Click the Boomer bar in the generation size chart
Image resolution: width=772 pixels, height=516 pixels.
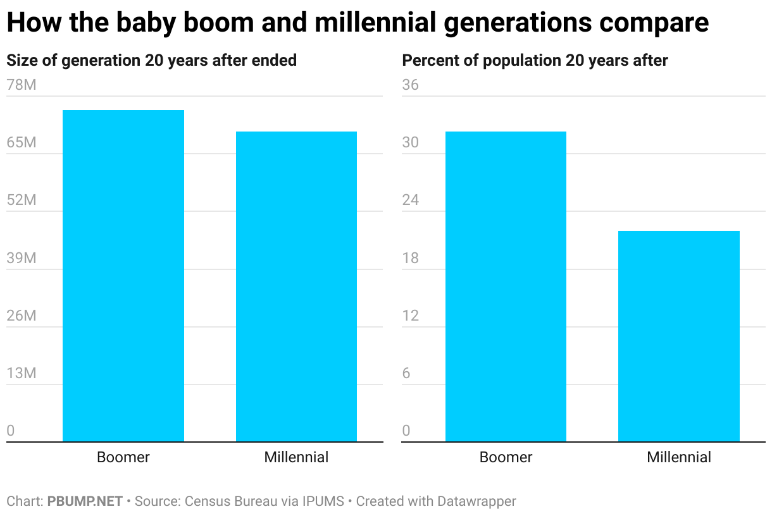pos(123,276)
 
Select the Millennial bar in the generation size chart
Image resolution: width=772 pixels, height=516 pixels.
pos(296,286)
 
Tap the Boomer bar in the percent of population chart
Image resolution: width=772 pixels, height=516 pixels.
pos(506,286)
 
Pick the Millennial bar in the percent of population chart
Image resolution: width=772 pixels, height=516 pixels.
pos(678,336)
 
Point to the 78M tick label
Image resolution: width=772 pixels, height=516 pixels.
pos(22,85)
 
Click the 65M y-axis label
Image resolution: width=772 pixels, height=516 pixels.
pos(22,143)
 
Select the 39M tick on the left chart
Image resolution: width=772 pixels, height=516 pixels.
pos(22,258)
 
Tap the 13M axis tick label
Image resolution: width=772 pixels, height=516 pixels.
pos(22,373)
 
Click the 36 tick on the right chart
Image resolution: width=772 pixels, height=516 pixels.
pos(411,85)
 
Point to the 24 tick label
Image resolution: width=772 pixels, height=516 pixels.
pos(411,200)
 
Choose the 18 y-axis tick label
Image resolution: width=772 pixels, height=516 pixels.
pos(411,258)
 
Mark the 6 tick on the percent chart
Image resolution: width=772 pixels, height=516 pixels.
pos(406,373)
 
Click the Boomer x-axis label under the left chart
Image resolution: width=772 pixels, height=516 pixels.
pos(123,457)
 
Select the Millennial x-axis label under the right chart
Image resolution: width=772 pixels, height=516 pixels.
pos(679,457)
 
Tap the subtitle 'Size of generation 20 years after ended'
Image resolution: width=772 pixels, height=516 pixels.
pos(151,61)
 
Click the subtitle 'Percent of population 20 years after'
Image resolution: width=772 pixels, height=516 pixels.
pos(535,61)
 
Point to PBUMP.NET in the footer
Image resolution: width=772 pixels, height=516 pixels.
pos(85,501)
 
